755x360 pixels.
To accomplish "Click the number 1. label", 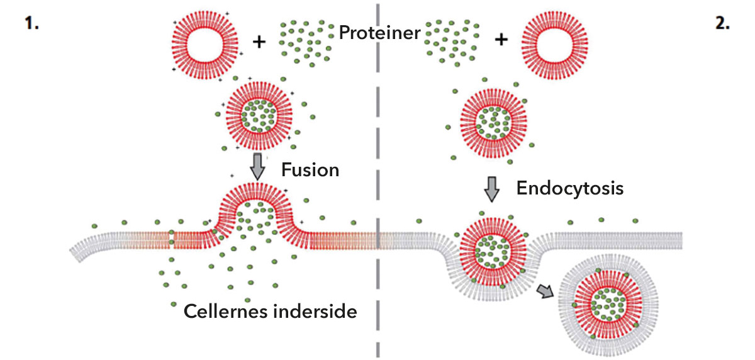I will pos(31,26).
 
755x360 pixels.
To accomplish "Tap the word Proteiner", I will pos(379,32).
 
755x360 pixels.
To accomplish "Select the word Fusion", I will pos(310,170).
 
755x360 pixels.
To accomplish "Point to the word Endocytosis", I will pos(569,188).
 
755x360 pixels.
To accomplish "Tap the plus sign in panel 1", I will pos(259,42).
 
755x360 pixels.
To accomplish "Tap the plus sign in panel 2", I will pos(501,40).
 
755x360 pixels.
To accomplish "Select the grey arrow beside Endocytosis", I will pos(491,188).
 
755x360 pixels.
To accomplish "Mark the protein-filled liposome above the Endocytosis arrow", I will pos(492,119).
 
